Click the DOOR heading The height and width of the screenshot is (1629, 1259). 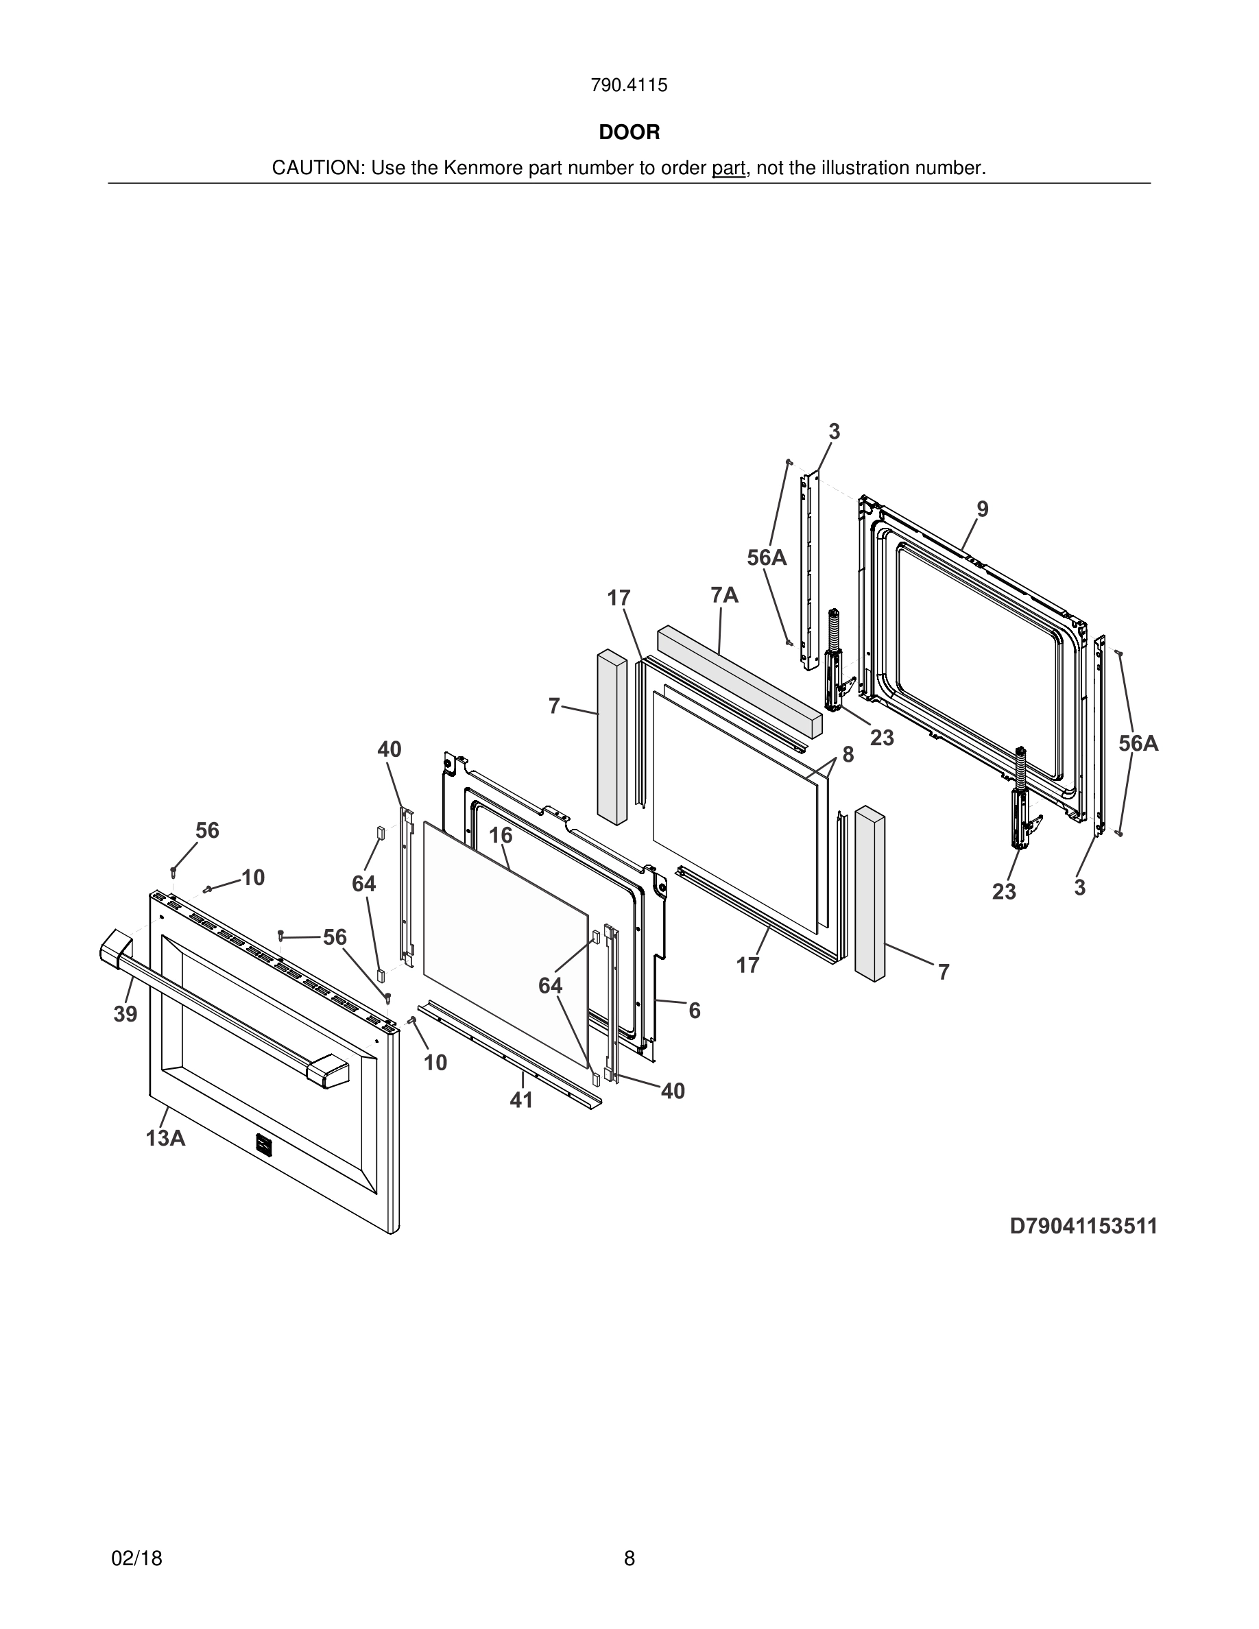[x=629, y=133]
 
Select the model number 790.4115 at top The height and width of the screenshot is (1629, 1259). [x=629, y=86]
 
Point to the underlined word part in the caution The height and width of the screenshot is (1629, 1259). [x=728, y=169]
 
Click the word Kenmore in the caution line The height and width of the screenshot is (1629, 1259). [x=483, y=169]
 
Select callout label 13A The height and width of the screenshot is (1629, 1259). [x=165, y=1138]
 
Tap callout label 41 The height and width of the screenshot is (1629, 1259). [x=521, y=1100]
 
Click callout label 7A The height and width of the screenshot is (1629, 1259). [x=724, y=595]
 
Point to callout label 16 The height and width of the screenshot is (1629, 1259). [x=501, y=835]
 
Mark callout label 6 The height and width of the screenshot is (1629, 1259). [x=695, y=1011]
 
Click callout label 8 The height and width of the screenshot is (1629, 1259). [x=848, y=755]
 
